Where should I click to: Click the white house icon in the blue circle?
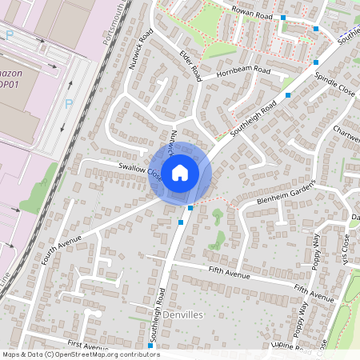[180, 172]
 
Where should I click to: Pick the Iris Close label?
[345, 249]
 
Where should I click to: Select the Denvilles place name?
[184, 316]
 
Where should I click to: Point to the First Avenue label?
[88, 346]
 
